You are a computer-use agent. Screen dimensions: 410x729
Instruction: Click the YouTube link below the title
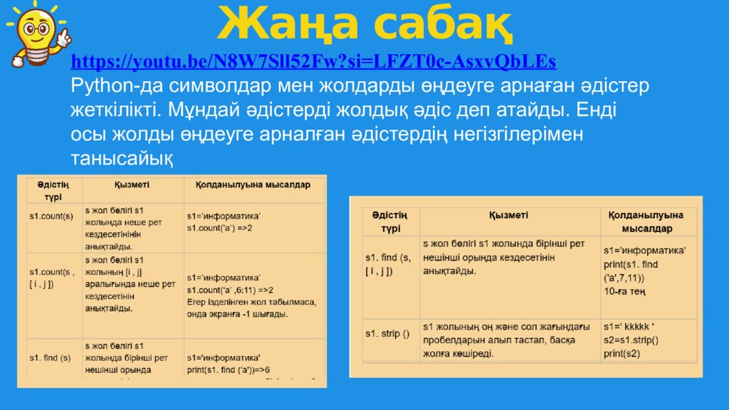click(313, 61)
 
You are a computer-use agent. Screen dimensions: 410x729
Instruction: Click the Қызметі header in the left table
click(132, 185)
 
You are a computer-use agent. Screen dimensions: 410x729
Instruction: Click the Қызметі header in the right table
click(508, 215)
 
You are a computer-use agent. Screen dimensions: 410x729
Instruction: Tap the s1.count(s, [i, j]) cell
click(52, 278)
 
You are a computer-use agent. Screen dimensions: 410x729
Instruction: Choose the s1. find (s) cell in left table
click(50, 357)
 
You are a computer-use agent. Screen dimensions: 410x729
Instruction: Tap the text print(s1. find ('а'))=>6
click(228, 369)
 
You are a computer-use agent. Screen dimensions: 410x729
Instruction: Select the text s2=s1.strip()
click(631, 340)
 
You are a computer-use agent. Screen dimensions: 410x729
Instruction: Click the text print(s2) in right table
click(622, 353)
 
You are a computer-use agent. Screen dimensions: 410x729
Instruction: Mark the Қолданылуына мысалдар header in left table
click(248, 185)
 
